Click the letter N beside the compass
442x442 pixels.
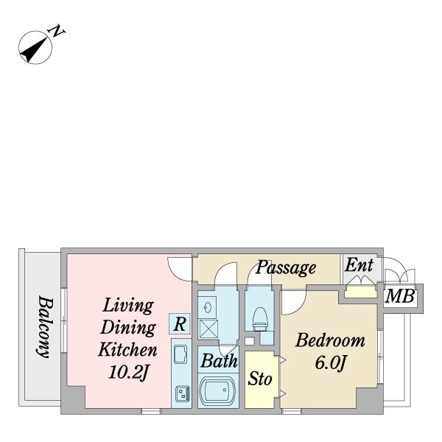tap(57, 31)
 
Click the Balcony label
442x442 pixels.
tap(45, 326)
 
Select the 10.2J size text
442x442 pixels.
tap(128, 372)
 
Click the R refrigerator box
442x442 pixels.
tap(180, 324)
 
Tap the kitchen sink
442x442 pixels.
tap(180, 354)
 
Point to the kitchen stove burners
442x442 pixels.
tap(183, 393)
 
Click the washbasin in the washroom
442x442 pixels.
tap(207, 307)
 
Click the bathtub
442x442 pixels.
tap(217, 390)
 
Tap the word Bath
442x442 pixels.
tap(219, 360)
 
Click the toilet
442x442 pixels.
tap(260, 318)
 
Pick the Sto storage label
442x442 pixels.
tap(260, 379)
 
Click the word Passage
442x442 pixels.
tap(286, 267)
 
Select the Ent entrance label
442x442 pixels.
tap(359, 265)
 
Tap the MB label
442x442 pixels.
tap(400, 296)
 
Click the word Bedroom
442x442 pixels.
tap(330, 340)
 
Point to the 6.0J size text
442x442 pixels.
tap(330, 362)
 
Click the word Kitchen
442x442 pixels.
tap(127, 349)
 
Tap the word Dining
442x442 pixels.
tap(128, 328)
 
